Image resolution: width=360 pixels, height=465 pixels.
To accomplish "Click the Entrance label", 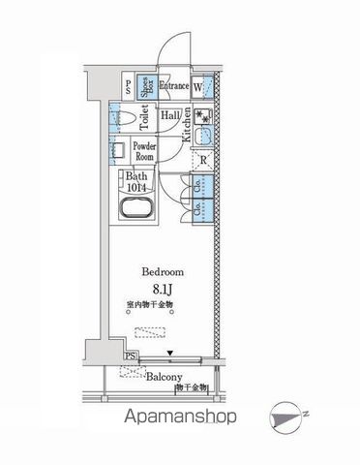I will point(174,85).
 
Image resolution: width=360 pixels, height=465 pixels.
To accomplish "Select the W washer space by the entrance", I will point(199,87).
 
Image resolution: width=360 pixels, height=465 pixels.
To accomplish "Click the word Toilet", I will point(145,118).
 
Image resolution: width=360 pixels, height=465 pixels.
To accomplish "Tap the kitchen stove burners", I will point(203,116).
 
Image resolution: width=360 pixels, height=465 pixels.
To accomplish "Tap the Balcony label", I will point(165,380).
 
